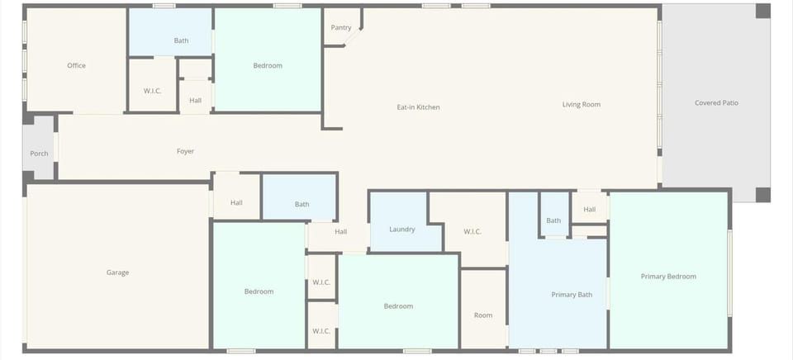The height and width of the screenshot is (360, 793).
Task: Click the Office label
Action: point(76,65)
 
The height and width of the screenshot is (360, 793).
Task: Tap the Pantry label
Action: point(341,27)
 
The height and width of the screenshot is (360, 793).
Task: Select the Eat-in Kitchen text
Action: point(418,107)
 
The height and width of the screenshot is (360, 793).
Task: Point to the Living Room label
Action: point(581,104)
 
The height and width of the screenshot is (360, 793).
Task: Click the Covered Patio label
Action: point(716,103)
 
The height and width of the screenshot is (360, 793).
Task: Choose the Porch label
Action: point(39,154)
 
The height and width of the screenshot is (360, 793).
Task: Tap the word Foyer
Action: point(186,151)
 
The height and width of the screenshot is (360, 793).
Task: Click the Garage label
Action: point(117,272)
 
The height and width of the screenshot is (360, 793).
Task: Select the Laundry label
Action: point(401,229)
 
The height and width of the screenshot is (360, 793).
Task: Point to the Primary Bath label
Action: point(572,295)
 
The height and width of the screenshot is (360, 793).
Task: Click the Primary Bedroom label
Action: point(668,277)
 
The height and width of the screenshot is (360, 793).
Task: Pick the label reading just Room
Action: point(483,315)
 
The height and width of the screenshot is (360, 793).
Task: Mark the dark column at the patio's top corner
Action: point(763,11)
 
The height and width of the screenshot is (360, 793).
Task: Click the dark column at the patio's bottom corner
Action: point(763,195)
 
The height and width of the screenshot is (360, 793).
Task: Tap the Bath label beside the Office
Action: point(181,40)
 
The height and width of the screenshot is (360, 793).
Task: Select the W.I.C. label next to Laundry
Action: point(472,231)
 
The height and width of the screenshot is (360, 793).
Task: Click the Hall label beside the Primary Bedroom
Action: point(589,210)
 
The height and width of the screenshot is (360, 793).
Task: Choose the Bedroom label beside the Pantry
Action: point(268,65)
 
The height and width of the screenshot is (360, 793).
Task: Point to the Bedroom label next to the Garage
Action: point(259,291)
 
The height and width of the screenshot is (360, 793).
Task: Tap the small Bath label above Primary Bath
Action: point(553,220)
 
